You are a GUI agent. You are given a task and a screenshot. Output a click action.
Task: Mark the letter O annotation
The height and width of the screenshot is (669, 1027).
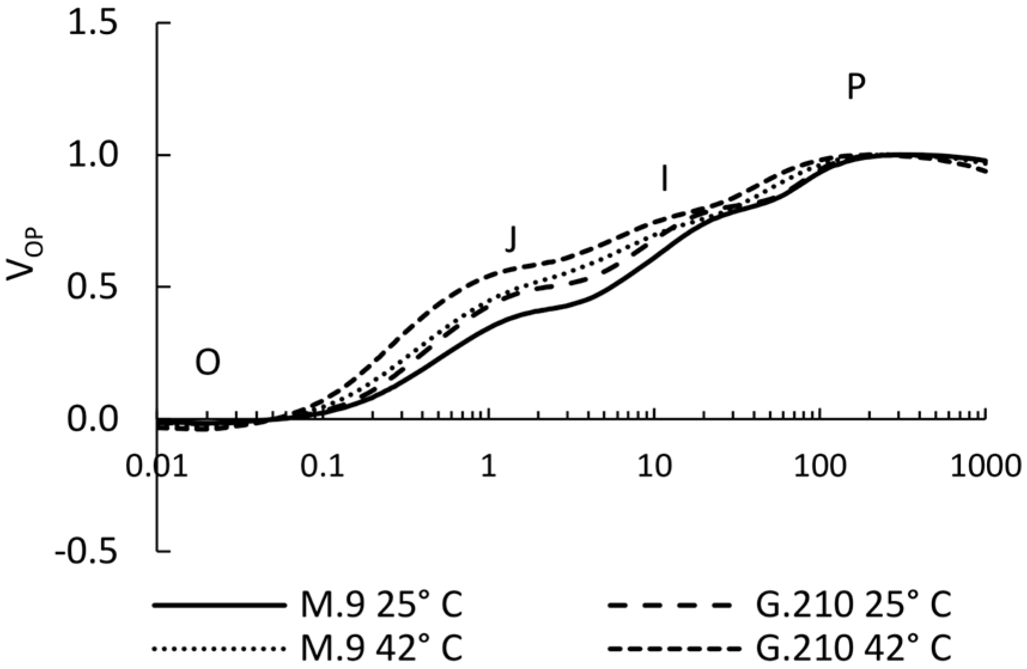(208, 362)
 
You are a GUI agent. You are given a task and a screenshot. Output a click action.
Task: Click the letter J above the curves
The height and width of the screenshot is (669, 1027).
(510, 240)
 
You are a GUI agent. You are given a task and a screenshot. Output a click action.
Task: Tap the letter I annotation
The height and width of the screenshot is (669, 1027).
(664, 178)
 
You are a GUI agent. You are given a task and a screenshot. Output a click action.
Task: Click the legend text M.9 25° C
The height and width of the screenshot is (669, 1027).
(381, 605)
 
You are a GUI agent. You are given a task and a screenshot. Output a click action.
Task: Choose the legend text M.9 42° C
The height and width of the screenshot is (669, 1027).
(381, 648)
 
